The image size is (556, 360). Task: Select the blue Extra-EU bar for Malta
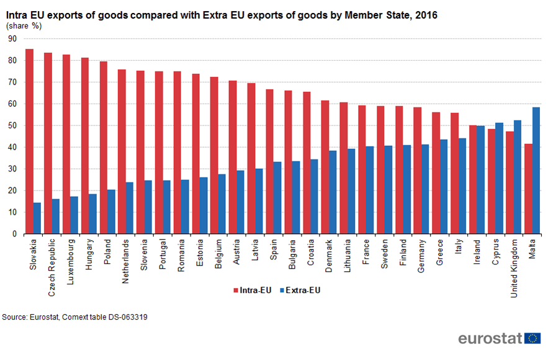pos(536,171)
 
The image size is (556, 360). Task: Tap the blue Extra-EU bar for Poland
pos(111,212)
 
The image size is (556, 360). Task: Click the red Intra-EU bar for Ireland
pos(473,180)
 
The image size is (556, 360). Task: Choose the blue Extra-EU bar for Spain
pos(277,198)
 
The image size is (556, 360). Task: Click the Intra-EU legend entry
pos(253,290)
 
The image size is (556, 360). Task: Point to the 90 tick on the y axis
pos(12,39)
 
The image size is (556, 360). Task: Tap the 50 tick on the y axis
pos(12,126)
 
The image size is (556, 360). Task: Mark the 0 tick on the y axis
pos(14,235)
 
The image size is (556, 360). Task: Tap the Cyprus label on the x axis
pos(496,252)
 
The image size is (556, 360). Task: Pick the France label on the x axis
pos(366,252)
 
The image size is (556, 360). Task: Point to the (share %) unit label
pos(24,26)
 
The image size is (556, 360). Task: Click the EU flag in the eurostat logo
pos(532,338)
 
